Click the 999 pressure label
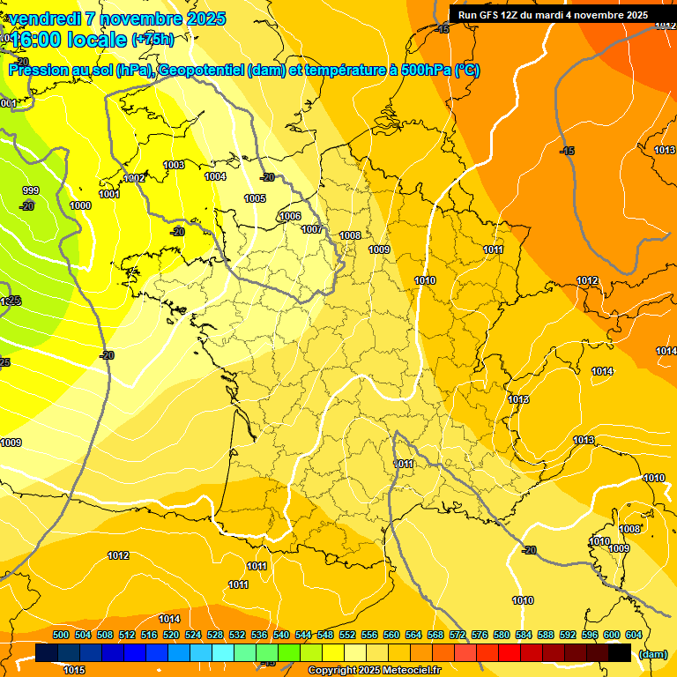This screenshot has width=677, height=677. [x=31, y=190]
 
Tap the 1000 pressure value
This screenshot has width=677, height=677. [x=80, y=205]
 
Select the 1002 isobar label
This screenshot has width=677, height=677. [x=135, y=178]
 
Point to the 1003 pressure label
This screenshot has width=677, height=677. [x=174, y=165]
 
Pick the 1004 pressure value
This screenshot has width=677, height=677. [x=215, y=176]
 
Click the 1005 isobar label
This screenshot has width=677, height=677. [x=256, y=199]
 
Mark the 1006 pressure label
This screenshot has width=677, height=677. [x=290, y=216]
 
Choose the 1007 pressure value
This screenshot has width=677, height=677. [x=312, y=229]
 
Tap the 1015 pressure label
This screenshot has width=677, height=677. [x=75, y=670]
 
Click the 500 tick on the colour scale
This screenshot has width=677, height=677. [x=61, y=635]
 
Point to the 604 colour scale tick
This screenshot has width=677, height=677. [x=634, y=635]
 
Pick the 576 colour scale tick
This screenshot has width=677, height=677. [x=480, y=635]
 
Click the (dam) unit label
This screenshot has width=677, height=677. [x=652, y=653]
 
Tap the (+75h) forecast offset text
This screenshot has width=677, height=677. [x=153, y=39]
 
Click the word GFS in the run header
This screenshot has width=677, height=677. [x=490, y=15]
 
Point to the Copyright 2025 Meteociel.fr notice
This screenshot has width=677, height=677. [x=374, y=670]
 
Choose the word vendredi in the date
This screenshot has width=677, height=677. [x=48, y=19]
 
